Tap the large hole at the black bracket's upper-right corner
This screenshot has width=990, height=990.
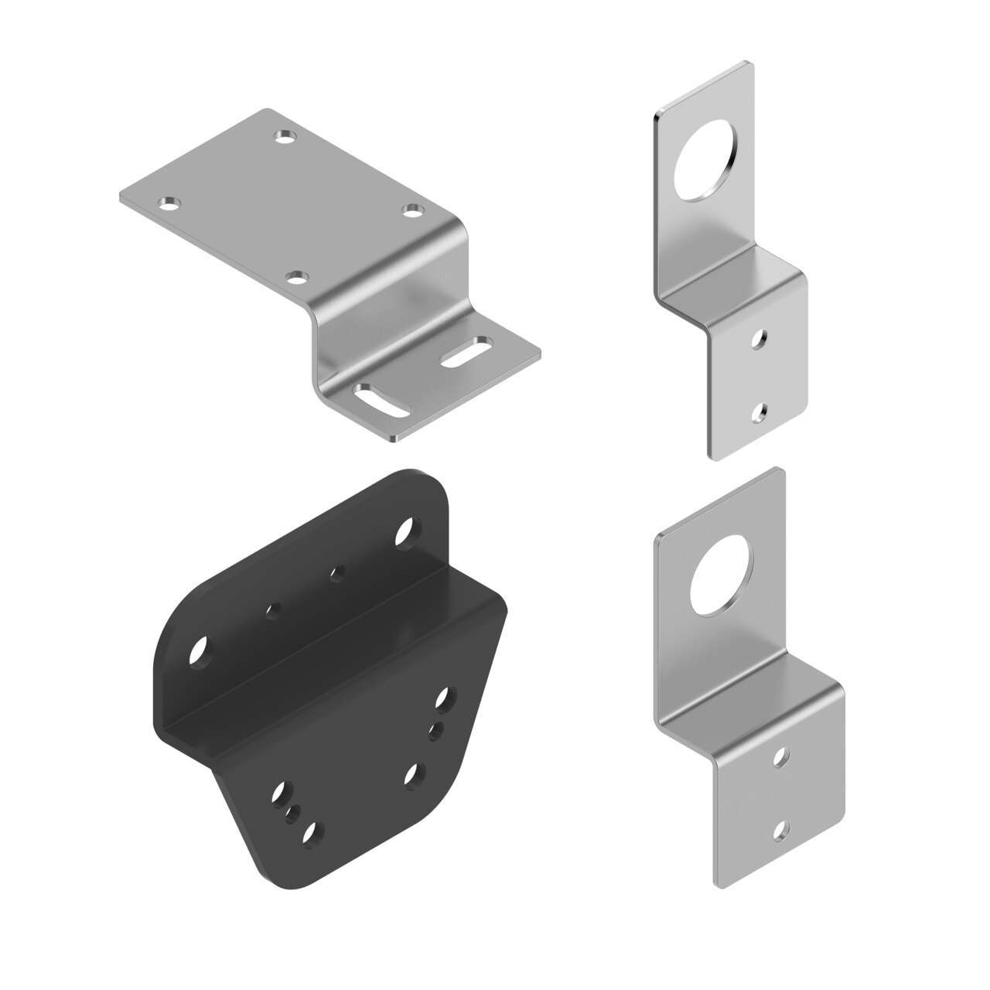405,532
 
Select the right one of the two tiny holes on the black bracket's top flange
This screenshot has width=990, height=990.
336,574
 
